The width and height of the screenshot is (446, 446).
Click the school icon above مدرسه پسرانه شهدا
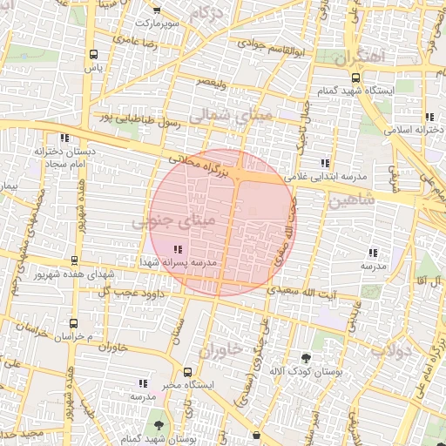179,250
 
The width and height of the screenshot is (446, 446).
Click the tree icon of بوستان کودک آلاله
305,358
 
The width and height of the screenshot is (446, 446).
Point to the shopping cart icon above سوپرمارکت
156,10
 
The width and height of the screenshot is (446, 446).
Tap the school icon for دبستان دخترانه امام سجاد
64,138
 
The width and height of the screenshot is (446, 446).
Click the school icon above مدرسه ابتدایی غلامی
325,163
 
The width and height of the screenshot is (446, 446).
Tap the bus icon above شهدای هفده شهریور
74,260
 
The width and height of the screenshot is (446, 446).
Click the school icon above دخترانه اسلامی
429,117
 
